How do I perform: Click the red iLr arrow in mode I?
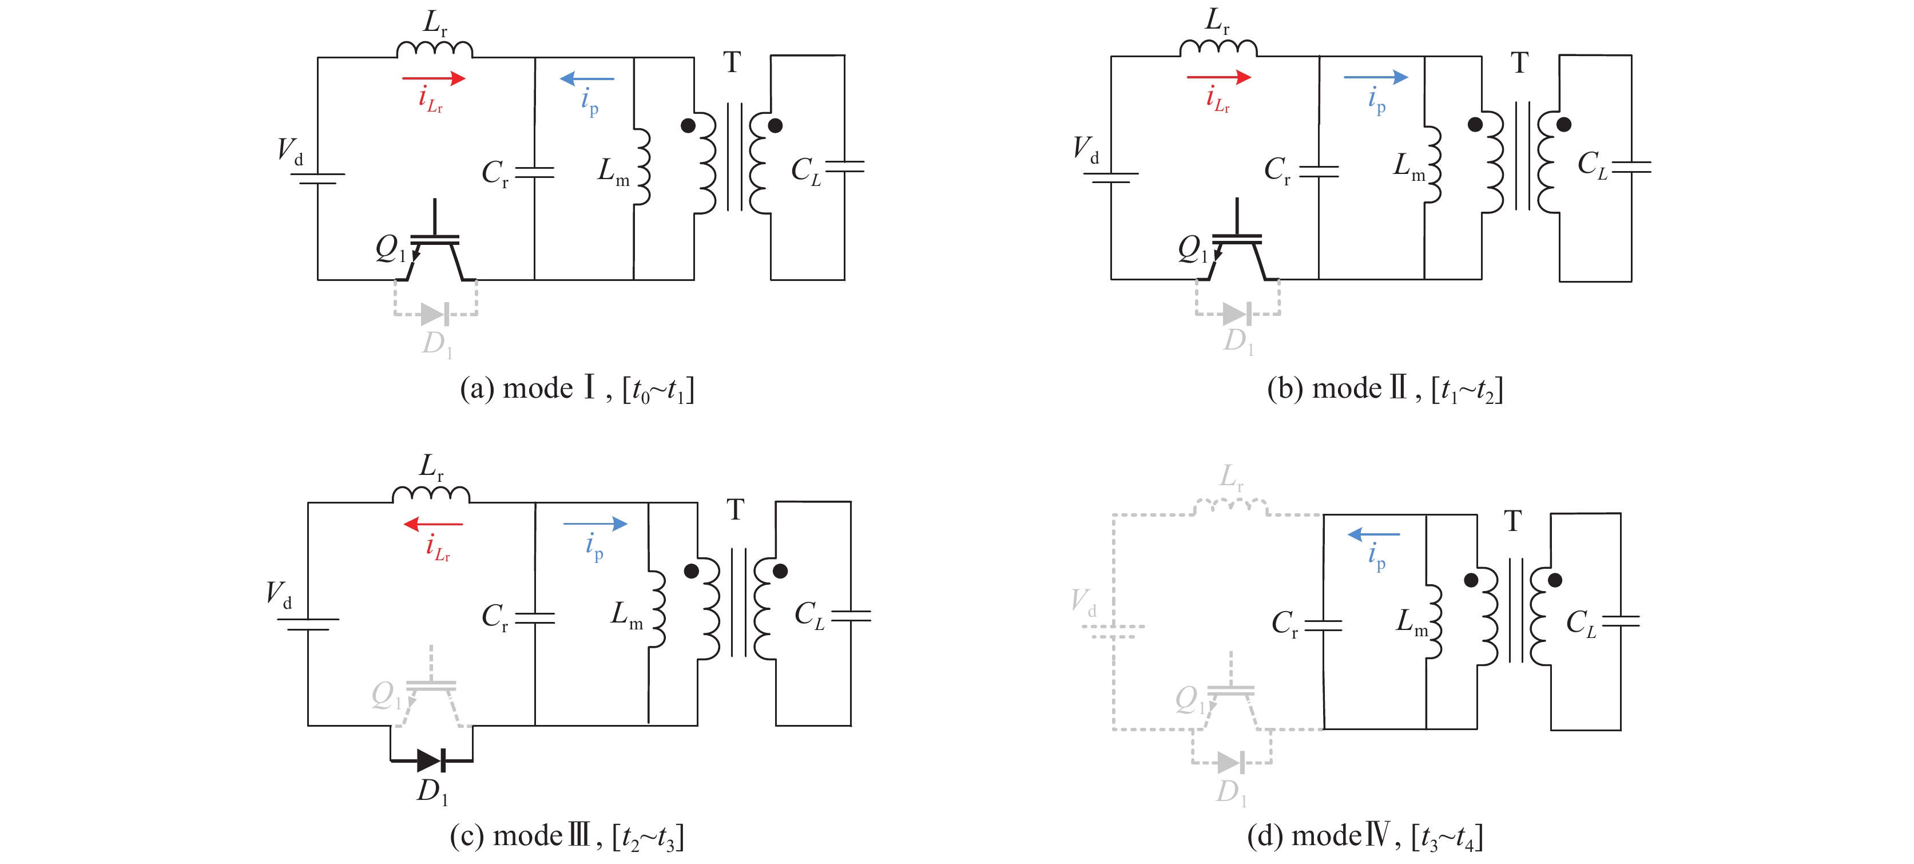(x=433, y=78)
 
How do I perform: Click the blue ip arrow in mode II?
(x=1375, y=77)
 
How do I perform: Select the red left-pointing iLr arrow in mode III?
(x=433, y=525)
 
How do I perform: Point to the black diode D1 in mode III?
(x=431, y=761)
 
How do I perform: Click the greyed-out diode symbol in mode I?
(x=435, y=314)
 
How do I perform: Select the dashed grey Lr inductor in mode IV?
(x=1230, y=506)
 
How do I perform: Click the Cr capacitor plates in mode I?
(x=534, y=172)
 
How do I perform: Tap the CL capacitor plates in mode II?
(x=1631, y=167)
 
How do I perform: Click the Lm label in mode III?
(x=626, y=615)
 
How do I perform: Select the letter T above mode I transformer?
(x=732, y=62)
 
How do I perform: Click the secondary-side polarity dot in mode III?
(x=780, y=571)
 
